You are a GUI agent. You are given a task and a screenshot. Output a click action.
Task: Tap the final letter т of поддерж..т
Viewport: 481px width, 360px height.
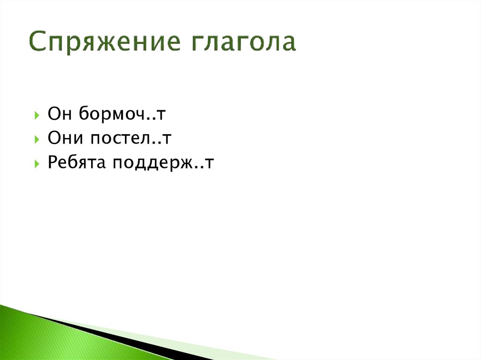pos(211,164)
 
